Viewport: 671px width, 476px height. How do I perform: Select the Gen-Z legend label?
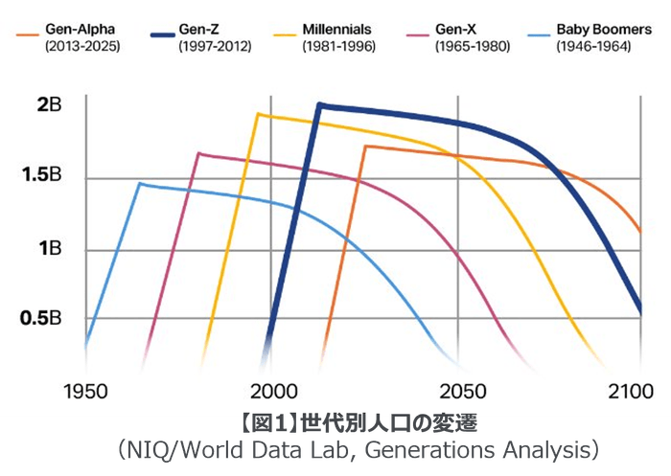[x=200, y=31]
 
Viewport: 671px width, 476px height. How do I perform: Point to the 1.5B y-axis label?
[x=42, y=177]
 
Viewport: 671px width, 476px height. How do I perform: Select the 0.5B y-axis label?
[x=41, y=318]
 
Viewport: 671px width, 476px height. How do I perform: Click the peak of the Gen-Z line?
[x=318, y=104]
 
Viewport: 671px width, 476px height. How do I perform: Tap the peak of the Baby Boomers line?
[x=140, y=183]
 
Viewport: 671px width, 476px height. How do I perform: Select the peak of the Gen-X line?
[x=198, y=153]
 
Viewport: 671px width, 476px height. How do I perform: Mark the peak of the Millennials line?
[x=257, y=114]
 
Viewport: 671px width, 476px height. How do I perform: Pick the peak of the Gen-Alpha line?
[x=365, y=147]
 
